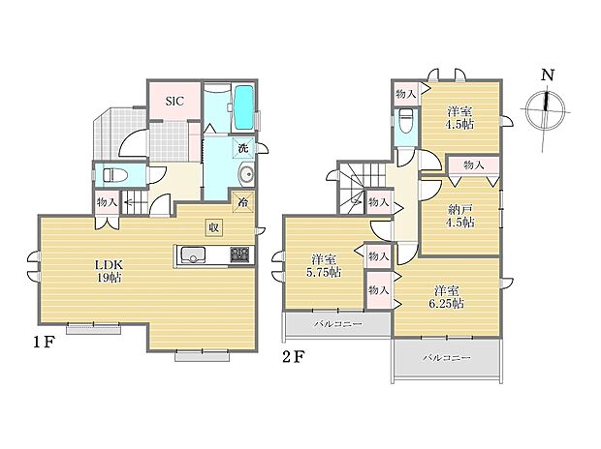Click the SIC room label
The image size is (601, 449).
pos(174,100)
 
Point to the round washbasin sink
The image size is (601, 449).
pos(244,175)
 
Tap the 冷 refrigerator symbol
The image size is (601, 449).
pos(241,202)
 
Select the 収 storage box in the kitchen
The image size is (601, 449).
pos(211,226)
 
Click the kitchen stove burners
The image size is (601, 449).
pos(238,255)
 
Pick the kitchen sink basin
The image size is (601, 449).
pos(191,256)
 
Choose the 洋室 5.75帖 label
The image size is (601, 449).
pos(324,265)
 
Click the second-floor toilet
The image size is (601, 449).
pos(406,123)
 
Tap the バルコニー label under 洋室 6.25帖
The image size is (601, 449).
pos(446,358)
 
